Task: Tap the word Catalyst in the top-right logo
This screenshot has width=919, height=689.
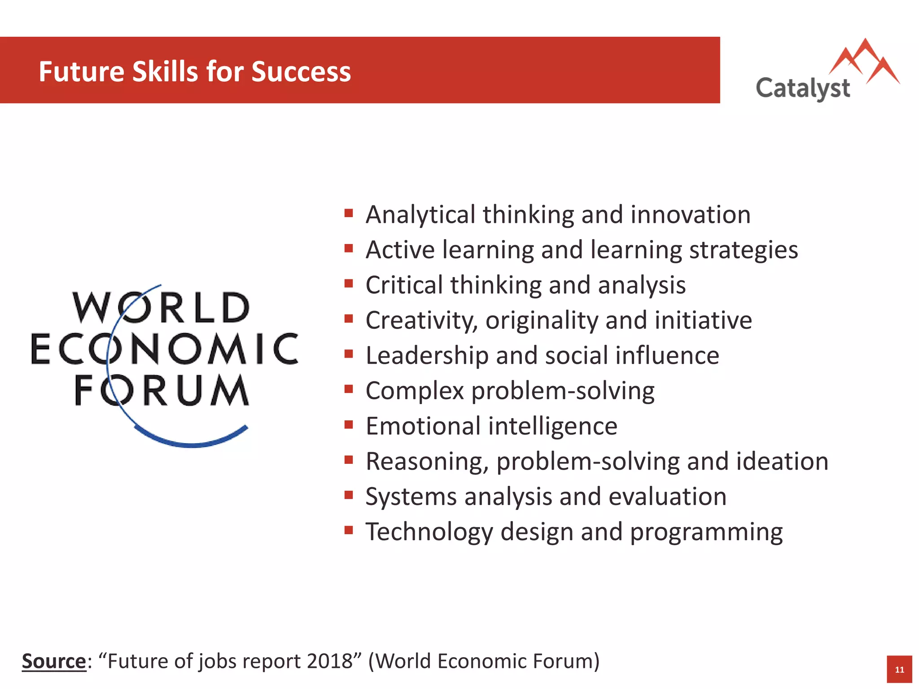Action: (x=803, y=88)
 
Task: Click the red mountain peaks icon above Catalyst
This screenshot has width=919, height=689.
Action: (x=864, y=61)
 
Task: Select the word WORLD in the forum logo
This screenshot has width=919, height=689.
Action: (x=161, y=308)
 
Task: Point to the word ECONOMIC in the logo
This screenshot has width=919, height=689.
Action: (x=164, y=349)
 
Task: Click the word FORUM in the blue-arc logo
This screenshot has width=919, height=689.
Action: (x=162, y=390)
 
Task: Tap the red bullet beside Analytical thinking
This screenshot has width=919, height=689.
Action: (x=349, y=213)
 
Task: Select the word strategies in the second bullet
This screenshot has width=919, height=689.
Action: (x=744, y=250)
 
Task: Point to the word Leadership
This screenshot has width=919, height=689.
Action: (x=427, y=356)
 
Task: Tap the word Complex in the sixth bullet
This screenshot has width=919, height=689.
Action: (x=415, y=391)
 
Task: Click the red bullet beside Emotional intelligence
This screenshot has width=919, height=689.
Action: (x=349, y=424)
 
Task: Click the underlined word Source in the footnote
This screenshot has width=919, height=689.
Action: (x=54, y=661)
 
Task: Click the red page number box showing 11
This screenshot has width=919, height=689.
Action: (x=899, y=669)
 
